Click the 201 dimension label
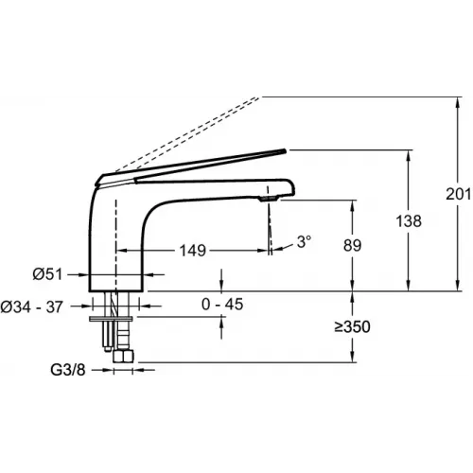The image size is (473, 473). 459,194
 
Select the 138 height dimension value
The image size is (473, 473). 409,220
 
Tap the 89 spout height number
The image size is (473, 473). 352,245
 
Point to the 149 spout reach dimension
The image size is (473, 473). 193,251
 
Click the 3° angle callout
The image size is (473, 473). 304,241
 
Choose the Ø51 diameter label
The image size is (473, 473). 47,274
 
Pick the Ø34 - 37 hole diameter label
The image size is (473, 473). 31,307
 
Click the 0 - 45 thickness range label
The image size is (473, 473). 222,305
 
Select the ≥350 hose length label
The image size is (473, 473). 352,326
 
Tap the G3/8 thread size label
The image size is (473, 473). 68,370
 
